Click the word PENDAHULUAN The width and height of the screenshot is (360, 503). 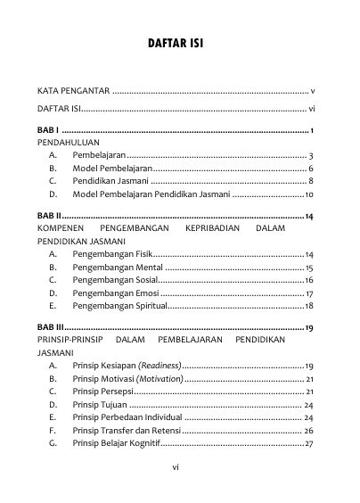tap(69, 142)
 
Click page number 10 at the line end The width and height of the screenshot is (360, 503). tap(308, 194)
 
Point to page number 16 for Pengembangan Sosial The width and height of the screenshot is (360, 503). tap(308, 280)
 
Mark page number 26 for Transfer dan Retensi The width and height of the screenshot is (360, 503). tap(308, 431)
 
